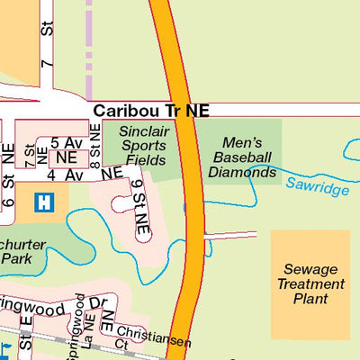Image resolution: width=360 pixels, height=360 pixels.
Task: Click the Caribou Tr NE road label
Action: click(150, 110)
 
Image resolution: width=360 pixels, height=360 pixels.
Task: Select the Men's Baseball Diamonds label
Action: click(240, 156)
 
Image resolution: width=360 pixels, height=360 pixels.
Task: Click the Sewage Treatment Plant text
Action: click(310, 283)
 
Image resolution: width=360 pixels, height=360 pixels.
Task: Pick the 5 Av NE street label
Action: click(65, 149)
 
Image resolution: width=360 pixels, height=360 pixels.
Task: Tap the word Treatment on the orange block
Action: click(310, 283)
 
